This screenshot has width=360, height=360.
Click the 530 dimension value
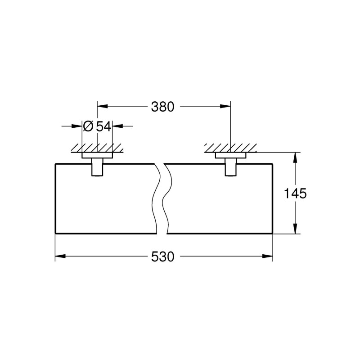[162, 257]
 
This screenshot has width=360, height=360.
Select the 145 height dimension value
[295, 194]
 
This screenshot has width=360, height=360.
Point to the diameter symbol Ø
[88, 127]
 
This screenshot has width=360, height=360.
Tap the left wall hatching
[97, 147]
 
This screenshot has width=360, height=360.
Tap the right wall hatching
[230, 147]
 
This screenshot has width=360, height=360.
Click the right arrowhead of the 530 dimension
[269, 257]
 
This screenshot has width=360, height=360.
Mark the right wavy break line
[167, 198]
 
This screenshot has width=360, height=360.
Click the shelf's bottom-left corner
[55, 234]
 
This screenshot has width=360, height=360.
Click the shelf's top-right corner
[273, 163]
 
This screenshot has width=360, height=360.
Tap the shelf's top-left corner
[55, 163]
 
